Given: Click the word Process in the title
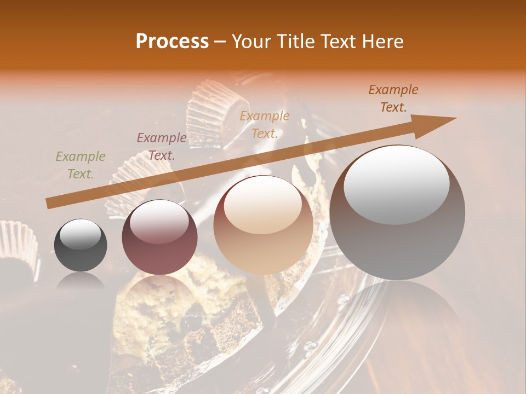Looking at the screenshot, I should (x=172, y=42).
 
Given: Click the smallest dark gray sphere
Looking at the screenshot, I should (x=81, y=245).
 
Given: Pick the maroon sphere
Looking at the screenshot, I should (x=159, y=237).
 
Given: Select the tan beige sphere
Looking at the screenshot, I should (x=263, y=225).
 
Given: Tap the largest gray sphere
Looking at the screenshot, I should (x=397, y=212).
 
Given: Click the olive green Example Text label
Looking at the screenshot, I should (x=81, y=165).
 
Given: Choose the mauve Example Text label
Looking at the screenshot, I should (x=161, y=147).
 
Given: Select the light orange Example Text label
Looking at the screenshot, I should (x=265, y=124).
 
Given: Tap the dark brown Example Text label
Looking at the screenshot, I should (x=393, y=99).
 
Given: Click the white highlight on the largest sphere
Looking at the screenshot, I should (x=396, y=184).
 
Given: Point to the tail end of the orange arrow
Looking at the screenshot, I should (x=49, y=203).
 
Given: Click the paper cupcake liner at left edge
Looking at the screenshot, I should (x=19, y=246).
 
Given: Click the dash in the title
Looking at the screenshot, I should (x=220, y=42).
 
